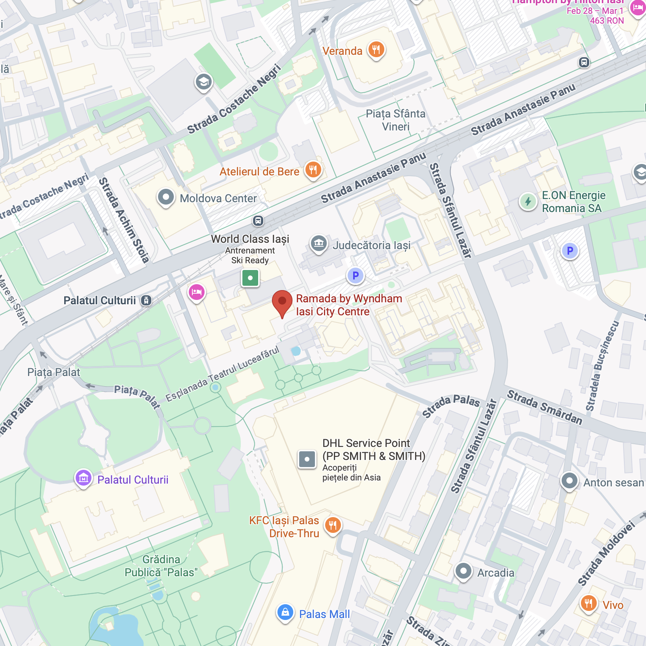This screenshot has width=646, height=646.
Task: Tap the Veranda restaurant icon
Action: (376, 50)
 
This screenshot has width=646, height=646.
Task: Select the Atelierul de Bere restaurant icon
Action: (313, 170)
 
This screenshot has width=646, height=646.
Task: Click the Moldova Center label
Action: (218, 198)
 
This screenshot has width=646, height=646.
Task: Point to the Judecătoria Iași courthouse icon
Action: (319, 244)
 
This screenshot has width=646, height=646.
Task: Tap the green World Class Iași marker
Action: (250, 278)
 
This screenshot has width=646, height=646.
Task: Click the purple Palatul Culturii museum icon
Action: (84, 478)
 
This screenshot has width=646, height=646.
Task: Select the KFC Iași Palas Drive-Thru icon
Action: (333, 525)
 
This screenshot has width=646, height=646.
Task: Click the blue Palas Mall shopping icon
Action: (285, 612)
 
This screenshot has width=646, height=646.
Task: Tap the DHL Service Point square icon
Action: (307, 459)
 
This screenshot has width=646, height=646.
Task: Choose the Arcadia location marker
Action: (464, 571)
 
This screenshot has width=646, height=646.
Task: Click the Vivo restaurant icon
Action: (588, 603)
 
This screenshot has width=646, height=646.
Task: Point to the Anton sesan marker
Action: (570, 480)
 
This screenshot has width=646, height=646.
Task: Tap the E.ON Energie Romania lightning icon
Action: (528, 201)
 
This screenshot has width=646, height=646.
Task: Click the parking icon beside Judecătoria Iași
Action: (356, 276)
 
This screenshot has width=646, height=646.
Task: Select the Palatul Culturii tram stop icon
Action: (146, 300)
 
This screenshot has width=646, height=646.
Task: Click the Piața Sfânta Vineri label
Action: (395, 120)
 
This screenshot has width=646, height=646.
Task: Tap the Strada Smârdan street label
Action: (544, 407)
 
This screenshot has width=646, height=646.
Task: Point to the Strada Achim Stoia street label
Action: (123, 220)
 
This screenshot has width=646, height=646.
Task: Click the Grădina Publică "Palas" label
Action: (161, 566)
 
